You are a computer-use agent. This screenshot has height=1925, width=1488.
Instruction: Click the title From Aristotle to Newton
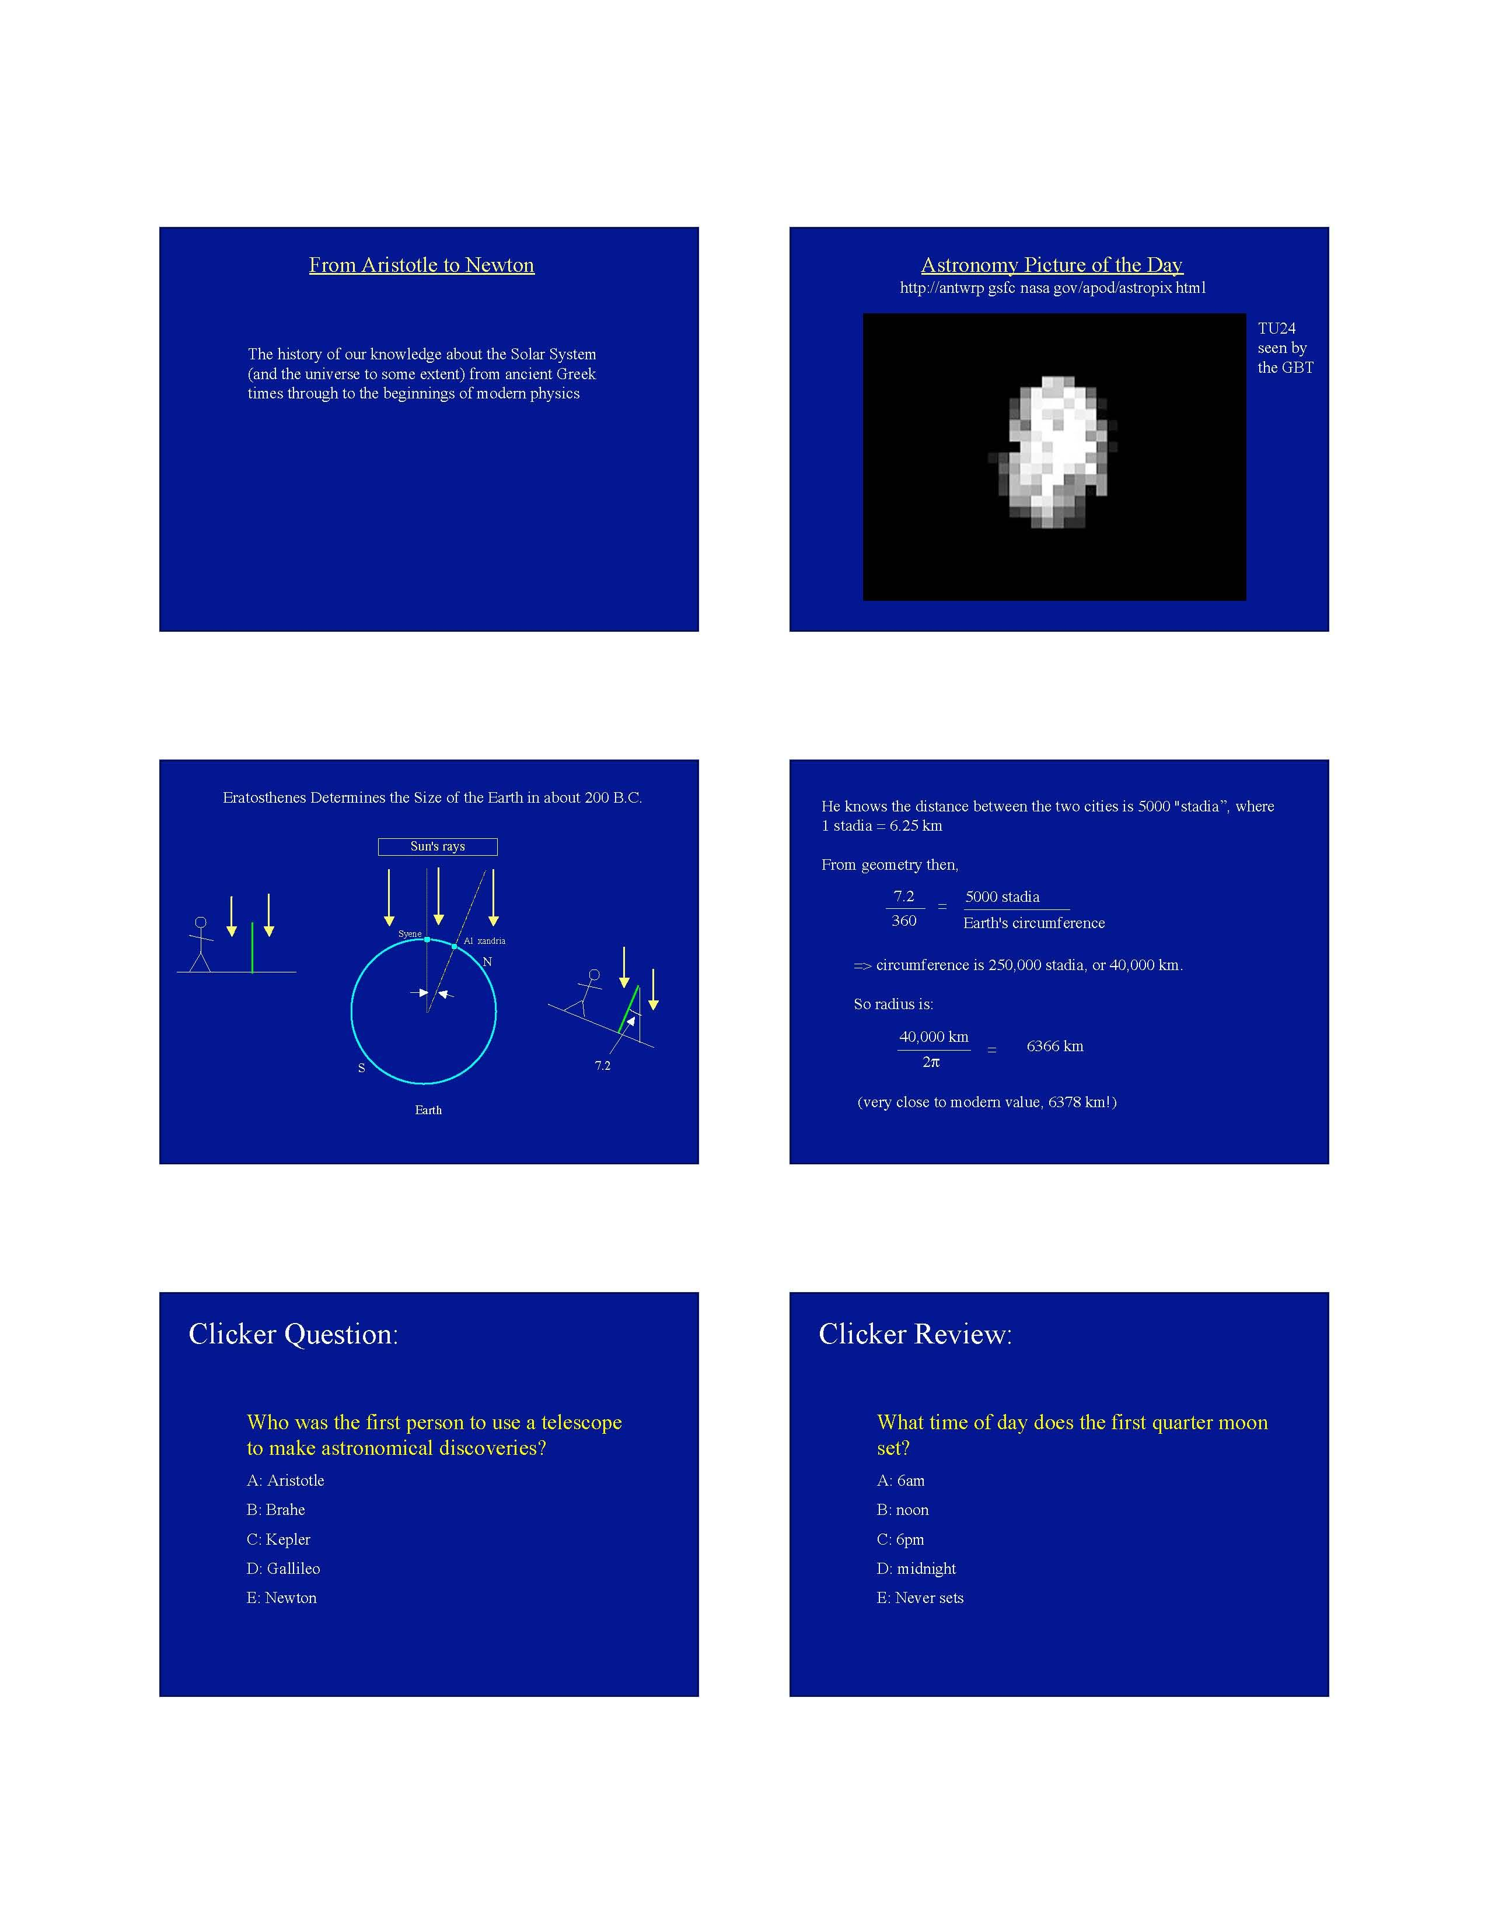click(x=421, y=265)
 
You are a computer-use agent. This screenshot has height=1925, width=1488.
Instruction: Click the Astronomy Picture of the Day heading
click(x=1051, y=265)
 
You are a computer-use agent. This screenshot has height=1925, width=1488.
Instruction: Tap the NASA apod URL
click(x=1052, y=288)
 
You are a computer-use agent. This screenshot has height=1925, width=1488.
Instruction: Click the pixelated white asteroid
click(x=1053, y=452)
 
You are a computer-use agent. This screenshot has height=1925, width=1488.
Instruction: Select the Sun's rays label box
click(x=437, y=846)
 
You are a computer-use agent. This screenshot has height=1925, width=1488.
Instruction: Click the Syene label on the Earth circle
click(x=410, y=933)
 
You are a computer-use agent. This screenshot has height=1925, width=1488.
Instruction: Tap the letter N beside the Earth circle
click(x=487, y=961)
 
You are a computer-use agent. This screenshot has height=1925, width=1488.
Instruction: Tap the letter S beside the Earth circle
click(x=361, y=1068)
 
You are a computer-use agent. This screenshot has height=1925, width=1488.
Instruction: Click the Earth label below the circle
click(x=428, y=1109)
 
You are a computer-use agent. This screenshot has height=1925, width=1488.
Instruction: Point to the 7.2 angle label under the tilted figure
click(x=602, y=1066)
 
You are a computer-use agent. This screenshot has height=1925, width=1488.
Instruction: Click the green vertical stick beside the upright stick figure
click(x=252, y=947)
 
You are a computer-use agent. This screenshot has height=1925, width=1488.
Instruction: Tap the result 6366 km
click(x=1054, y=1046)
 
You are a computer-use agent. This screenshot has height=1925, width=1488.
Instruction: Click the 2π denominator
click(x=931, y=1063)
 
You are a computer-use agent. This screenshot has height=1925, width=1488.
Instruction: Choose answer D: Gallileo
click(x=283, y=1568)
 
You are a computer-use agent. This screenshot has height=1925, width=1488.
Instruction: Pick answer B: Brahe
click(x=276, y=1510)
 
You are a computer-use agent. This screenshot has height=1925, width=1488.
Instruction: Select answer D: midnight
click(x=916, y=1568)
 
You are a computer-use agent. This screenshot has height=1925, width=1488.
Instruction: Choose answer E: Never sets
click(x=920, y=1598)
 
